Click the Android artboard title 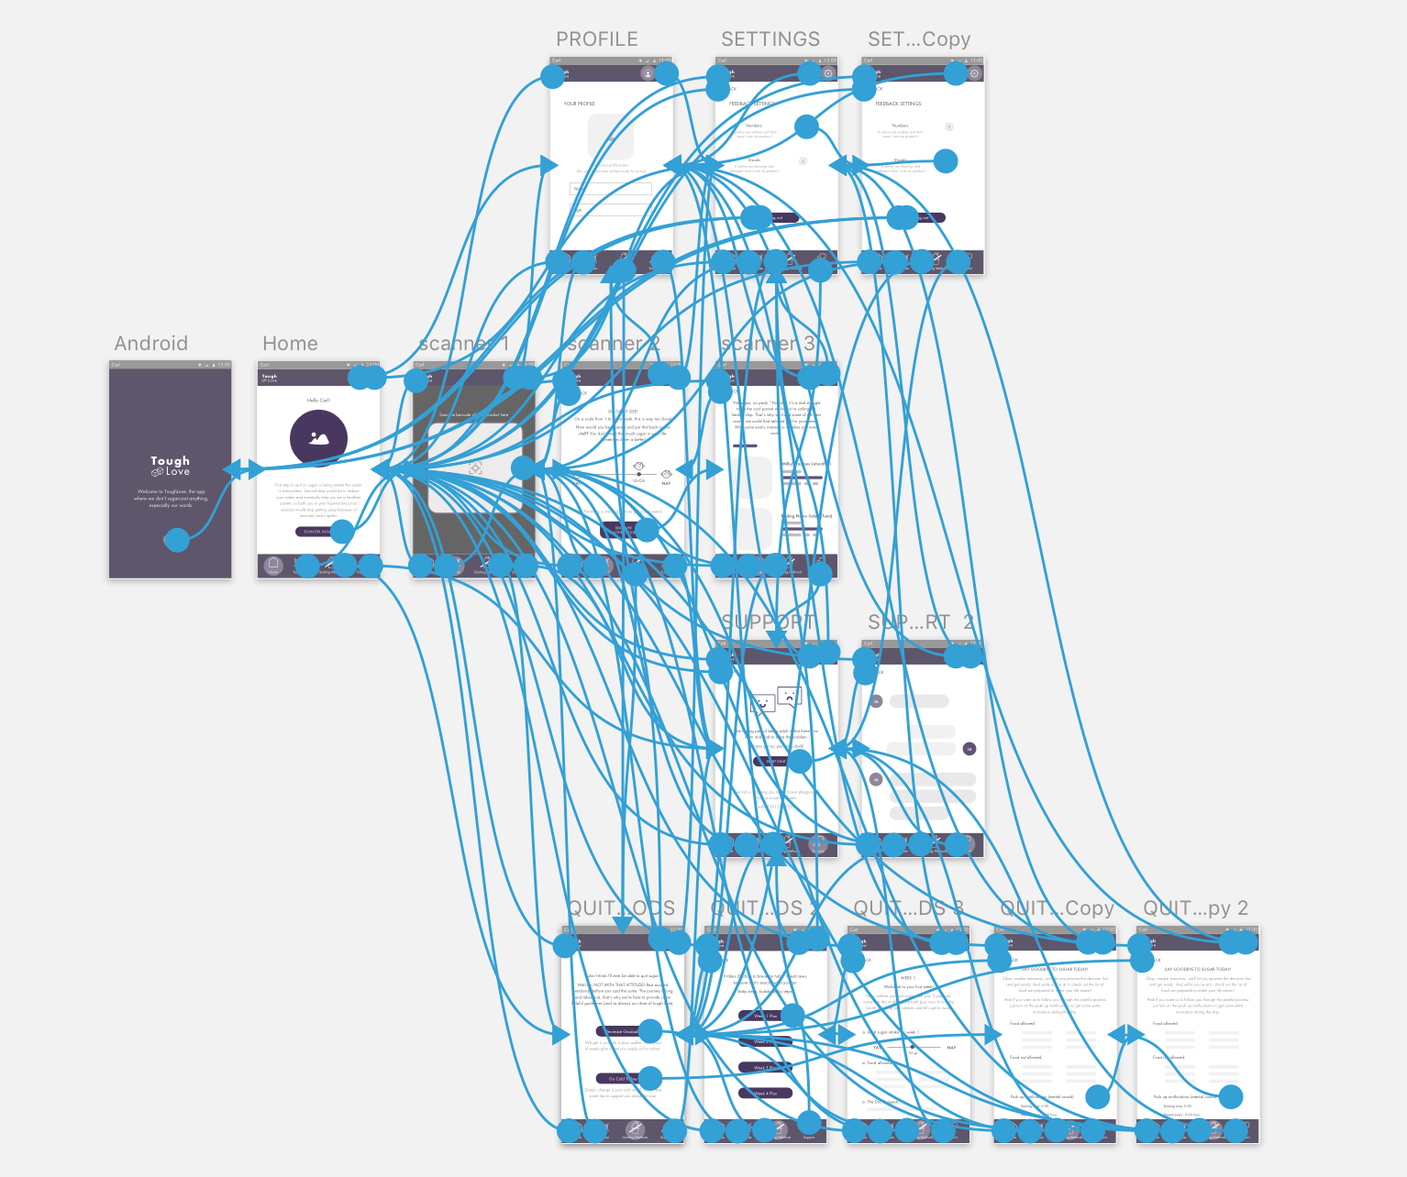(x=150, y=344)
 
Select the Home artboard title (x=290, y=344)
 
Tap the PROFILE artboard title (x=596, y=39)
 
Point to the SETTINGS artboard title (x=770, y=39)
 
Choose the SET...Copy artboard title (x=919, y=39)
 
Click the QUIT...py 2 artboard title (x=1195, y=908)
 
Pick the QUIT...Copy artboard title (x=1056, y=908)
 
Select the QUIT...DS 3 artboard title (x=908, y=908)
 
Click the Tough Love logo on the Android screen (x=171, y=466)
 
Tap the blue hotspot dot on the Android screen (x=176, y=540)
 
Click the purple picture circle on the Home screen (x=318, y=438)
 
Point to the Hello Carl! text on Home (x=318, y=401)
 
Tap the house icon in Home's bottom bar (x=272, y=565)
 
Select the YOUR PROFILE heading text (x=579, y=104)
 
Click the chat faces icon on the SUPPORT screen (x=776, y=699)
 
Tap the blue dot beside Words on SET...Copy (x=945, y=161)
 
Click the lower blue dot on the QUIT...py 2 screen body (x=1230, y=1096)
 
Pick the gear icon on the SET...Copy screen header (x=974, y=73)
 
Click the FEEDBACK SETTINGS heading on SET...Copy (x=898, y=104)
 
